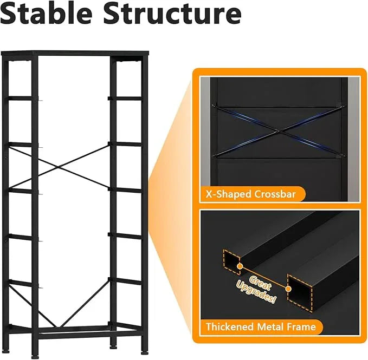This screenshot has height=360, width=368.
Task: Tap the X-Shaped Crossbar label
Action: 250,194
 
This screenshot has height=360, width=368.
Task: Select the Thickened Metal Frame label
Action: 261,326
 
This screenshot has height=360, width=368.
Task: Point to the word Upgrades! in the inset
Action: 256,292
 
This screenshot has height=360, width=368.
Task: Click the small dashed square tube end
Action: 231,262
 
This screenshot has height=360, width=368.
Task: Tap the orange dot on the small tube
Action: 240,266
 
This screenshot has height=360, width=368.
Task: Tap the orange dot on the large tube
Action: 289,289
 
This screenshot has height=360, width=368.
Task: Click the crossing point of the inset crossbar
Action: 278,131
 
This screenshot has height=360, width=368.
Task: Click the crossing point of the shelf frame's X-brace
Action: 59,167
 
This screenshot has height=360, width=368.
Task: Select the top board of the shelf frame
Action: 75,53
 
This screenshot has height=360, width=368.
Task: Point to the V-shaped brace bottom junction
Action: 59,326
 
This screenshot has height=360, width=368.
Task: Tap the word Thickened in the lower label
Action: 230,326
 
